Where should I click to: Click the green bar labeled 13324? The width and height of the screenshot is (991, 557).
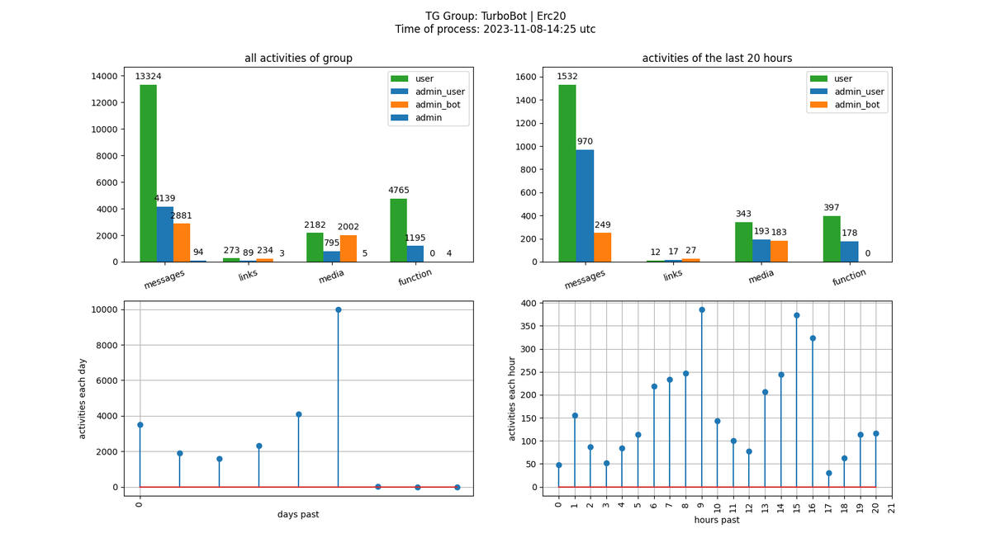148,173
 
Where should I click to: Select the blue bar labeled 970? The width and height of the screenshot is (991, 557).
585,205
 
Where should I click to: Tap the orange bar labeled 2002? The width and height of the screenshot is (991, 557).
348,248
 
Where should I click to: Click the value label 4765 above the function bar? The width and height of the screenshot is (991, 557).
398,191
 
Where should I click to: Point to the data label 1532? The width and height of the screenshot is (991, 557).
567,77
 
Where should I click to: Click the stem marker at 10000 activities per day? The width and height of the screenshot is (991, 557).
338,310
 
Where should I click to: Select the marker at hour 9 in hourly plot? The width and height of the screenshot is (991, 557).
702,310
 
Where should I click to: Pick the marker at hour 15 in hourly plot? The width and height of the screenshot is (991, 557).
797,315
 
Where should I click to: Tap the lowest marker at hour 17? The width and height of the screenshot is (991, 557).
828,473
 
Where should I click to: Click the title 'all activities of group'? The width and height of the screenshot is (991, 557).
298,59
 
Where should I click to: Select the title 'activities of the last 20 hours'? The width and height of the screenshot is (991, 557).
717,59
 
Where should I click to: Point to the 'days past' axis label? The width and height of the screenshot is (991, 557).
298,515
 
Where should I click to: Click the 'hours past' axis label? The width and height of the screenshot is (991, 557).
717,520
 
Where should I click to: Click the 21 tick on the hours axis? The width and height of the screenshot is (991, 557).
892,507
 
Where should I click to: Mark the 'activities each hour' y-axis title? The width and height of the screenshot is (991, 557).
513,399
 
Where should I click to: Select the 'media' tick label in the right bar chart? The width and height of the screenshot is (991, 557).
761,277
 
